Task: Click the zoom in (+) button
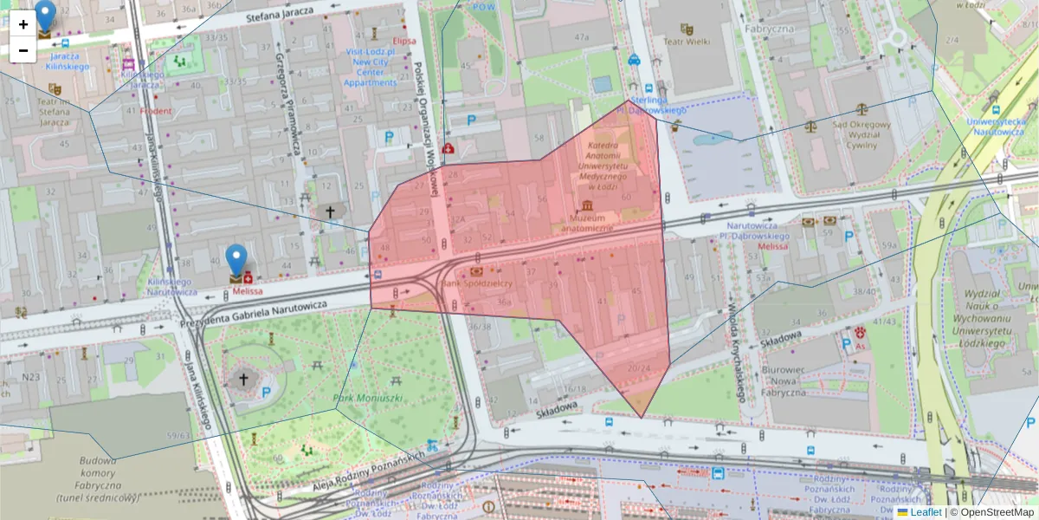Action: tap(23, 24)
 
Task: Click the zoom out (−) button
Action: tap(23, 50)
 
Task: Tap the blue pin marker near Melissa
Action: tap(236, 259)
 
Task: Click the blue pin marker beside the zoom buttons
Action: tap(44, 15)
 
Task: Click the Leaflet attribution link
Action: tap(926, 512)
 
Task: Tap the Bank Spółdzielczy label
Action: tap(477, 283)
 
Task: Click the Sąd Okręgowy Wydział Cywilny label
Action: tap(862, 134)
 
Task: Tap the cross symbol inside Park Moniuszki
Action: tap(243, 378)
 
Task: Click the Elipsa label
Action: tap(403, 41)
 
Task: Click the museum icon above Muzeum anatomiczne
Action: tap(588, 205)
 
